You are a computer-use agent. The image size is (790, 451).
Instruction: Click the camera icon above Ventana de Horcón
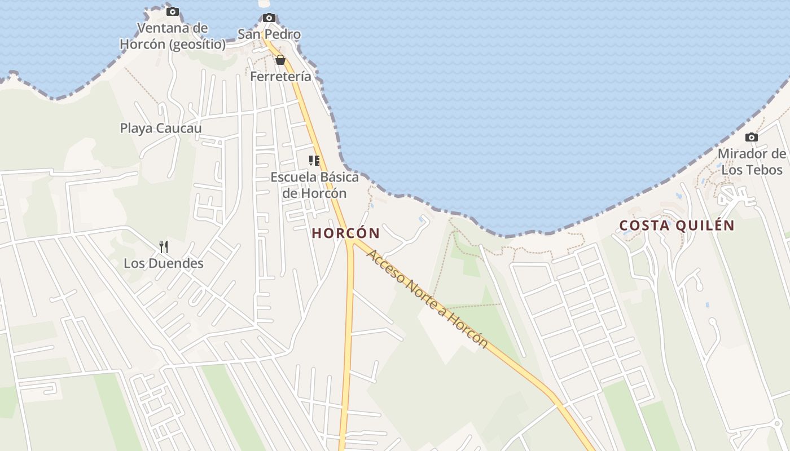(173, 12)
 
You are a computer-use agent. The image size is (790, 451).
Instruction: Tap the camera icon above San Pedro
(269, 18)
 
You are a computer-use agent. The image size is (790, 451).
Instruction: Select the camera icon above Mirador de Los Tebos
(751, 138)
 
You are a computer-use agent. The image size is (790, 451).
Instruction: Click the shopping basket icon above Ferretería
(280, 60)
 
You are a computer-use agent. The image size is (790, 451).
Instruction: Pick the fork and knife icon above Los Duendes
(164, 246)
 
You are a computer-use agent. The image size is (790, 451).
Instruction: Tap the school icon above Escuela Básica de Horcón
(314, 161)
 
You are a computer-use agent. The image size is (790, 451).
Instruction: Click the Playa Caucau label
(161, 129)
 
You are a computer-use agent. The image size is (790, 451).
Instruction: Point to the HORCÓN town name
(346, 233)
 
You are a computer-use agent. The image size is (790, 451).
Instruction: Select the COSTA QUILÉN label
(677, 226)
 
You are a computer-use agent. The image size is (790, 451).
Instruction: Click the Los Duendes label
(164, 263)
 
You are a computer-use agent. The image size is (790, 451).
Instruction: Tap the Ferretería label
(280, 77)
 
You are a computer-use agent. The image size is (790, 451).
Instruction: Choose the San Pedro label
(269, 34)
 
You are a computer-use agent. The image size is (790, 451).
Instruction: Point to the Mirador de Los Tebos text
(752, 162)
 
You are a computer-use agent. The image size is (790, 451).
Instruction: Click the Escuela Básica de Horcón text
(314, 185)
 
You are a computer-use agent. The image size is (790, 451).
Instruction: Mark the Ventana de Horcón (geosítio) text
(173, 36)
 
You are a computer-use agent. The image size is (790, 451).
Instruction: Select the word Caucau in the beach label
(179, 129)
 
